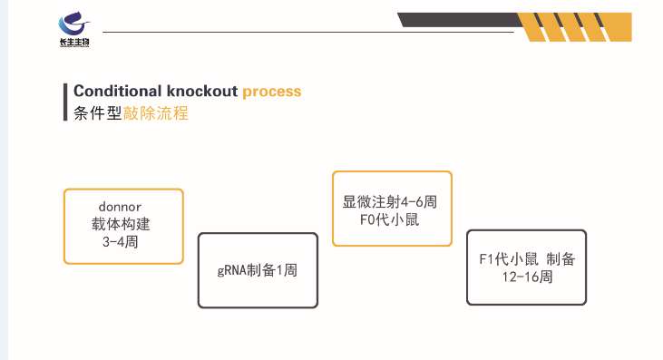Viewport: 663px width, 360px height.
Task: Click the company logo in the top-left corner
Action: [73, 26]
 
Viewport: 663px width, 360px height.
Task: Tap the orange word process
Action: [272, 92]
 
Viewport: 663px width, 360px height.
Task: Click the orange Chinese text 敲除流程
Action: [162, 114]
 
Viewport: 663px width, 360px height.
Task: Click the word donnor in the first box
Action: [123, 207]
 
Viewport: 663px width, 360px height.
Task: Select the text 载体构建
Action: [123, 224]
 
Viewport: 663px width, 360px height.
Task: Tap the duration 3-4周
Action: [123, 242]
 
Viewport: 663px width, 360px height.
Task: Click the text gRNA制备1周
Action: [258, 270]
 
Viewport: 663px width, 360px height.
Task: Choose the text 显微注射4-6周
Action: [391, 200]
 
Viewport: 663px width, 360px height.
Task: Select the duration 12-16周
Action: [526, 277]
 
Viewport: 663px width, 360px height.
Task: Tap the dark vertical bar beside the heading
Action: [66, 102]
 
